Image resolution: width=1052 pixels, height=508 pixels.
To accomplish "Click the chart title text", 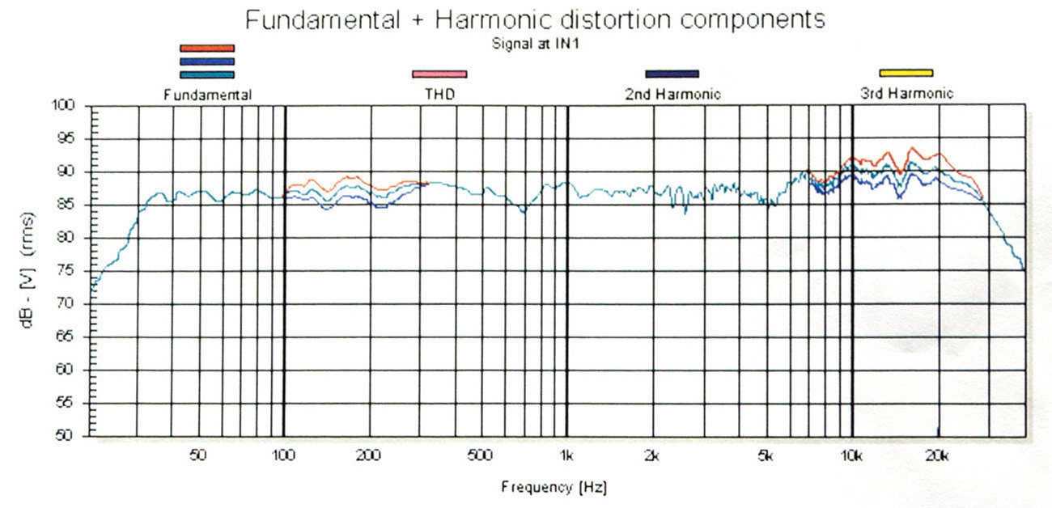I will click(535, 20).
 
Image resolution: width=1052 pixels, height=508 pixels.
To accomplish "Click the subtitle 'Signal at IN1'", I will click(535, 44).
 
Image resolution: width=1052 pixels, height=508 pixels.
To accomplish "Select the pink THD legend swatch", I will click(439, 74).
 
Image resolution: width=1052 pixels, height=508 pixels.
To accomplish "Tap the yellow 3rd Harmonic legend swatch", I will click(906, 74).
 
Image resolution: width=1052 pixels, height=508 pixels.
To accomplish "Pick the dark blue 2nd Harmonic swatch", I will click(672, 74).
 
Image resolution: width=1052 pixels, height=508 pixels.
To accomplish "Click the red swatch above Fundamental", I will click(207, 49).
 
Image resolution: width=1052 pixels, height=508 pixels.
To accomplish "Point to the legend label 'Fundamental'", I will click(208, 95).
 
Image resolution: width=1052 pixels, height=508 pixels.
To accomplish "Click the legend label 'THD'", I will click(439, 95).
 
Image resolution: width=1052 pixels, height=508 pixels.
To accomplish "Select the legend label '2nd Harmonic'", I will click(672, 95).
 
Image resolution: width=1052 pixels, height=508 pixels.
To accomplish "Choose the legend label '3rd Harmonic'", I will click(906, 94).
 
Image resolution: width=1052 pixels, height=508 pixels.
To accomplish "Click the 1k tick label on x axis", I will click(567, 455).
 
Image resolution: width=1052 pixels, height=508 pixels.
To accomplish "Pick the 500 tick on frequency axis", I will click(480, 455).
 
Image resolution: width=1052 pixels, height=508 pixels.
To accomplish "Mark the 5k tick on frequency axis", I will click(766, 455).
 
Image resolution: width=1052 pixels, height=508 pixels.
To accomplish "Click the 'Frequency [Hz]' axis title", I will click(554, 488).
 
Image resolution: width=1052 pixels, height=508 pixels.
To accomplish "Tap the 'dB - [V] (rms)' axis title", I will click(30, 269).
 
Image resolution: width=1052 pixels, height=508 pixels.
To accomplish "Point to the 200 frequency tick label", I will click(368, 455).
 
